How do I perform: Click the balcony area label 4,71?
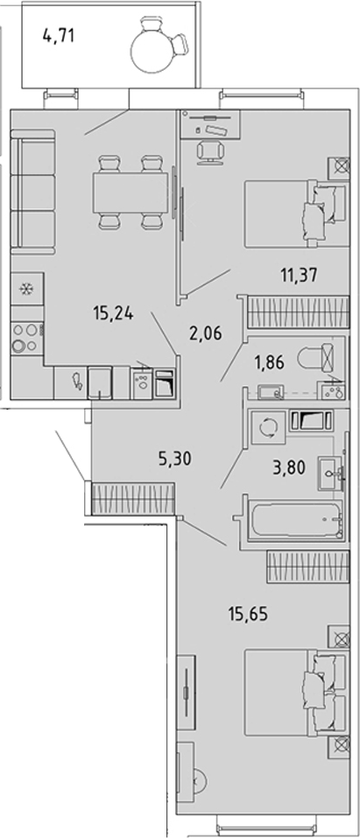pyautogui.click(x=59, y=37)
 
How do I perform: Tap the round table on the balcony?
pyautogui.click(x=153, y=50)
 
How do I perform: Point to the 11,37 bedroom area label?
pyautogui.click(x=299, y=275)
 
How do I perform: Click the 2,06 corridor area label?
pyautogui.click(x=205, y=334)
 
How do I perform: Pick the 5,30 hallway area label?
pyautogui.click(x=175, y=458)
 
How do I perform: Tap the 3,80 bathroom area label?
pyautogui.click(x=288, y=468)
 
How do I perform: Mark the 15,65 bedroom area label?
pyautogui.click(x=248, y=614)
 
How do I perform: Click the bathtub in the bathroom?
pyautogui.click(x=297, y=519)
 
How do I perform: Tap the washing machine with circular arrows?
pyautogui.click(x=267, y=427)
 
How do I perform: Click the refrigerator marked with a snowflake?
pyautogui.click(x=27, y=289)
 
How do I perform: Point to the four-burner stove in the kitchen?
pyautogui.click(x=27, y=338)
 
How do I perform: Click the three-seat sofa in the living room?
pyautogui.click(x=33, y=191)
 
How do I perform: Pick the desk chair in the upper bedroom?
pyautogui.click(x=209, y=151)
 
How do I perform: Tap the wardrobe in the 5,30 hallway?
pyautogui.click(x=134, y=498)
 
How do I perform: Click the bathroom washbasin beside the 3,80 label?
pyautogui.click(x=331, y=474)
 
